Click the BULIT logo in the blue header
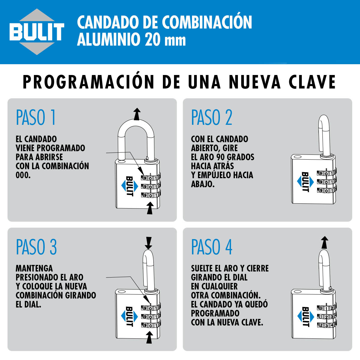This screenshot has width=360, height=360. pyautogui.click(x=37, y=31)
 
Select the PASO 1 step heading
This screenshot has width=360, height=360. pyautogui.click(x=36, y=117)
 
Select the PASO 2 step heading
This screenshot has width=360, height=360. pyautogui.click(x=212, y=117)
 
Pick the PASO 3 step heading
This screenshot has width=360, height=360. pyautogui.click(x=36, y=247)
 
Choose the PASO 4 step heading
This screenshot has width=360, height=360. pyautogui.click(x=212, y=247)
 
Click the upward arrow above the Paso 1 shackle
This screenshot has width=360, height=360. pyautogui.click(x=137, y=114)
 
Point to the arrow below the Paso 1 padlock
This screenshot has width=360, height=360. pyautogui.click(x=150, y=208)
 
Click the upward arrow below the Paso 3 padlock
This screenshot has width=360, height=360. pyautogui.click(x=149, y=337)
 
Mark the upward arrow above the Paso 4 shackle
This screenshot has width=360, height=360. pyautogui.click(x=325, y=242)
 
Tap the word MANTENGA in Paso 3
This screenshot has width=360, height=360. pyautogui.click(x=34, y=268)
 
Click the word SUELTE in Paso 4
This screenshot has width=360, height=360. pyautogui.click(x=202, y=268)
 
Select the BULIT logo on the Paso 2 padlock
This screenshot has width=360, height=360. pyautogui.click(x=305, y=182)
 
